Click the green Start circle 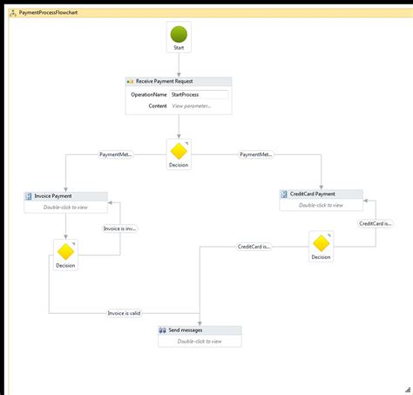tap(178, 35)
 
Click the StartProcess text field tap(200, 93)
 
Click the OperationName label tap(149, 93)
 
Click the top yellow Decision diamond tap(178, 151)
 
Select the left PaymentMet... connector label tap(117, 154)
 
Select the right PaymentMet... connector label tap(255, 154)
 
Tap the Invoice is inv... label tap(119, 228)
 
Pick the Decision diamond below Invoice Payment tap(65, 251)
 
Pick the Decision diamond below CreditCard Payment tap(321, 243)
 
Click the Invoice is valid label tap(123, 313)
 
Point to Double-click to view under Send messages tap(199, 342)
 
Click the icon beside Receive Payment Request tap(130, 80)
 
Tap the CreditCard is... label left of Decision tap(254, 247)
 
